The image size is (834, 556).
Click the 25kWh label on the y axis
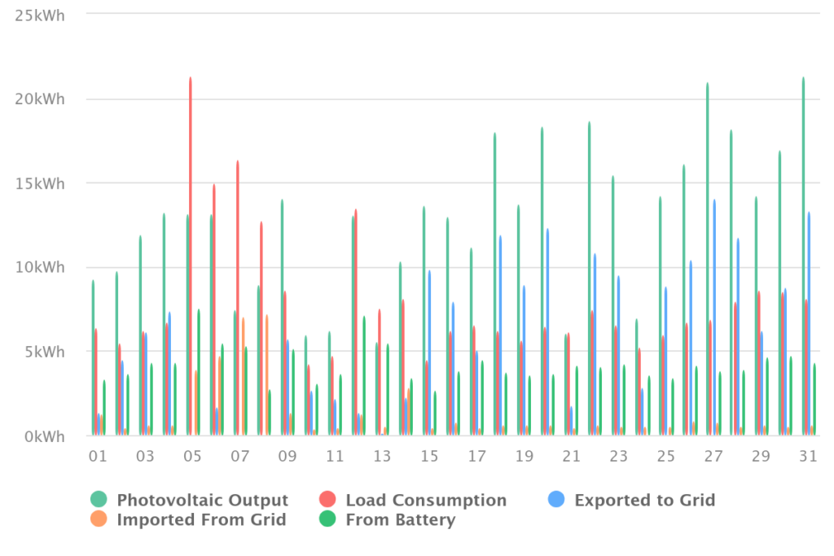click(40, 16)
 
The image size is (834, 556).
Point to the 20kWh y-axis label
click(40, 99)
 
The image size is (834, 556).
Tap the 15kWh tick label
click(40, 184)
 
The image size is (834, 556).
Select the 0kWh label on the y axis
click(45, 437)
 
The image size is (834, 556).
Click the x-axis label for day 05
click(192, 456)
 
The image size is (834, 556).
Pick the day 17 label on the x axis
click(476, 456)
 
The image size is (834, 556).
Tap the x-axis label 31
click(808, 456)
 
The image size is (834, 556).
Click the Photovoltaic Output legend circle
click(99, 500)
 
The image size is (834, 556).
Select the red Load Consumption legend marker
click(327, 500)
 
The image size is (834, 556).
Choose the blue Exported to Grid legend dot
click(556, 500)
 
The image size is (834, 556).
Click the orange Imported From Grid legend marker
click(99, 519)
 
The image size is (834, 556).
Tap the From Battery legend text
click(401, 520)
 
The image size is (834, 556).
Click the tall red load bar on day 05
click(191, 256)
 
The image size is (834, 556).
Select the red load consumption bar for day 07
click(238, 298)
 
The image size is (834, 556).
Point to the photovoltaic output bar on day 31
click(803, 256)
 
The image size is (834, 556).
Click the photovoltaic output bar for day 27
click(708, 259)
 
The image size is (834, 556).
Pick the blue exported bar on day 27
click(714, 317)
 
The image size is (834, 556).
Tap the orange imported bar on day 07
click(243, 377)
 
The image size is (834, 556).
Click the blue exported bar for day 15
click(429, 353)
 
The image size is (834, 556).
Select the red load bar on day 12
click(356, 322)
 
